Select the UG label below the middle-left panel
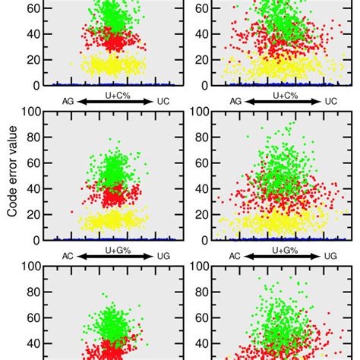point(163,257)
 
